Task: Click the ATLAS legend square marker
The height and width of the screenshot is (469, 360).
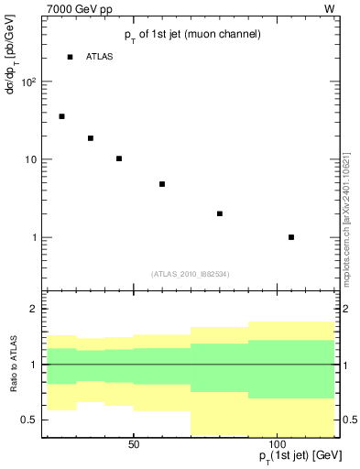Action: pos(70,57)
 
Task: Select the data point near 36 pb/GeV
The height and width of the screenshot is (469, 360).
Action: pos(61,116)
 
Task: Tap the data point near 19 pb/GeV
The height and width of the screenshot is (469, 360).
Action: pos(91,138)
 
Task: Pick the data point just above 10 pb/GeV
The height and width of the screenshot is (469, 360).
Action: pos(119,158)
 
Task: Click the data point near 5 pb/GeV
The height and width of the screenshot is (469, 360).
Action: pos(162,184)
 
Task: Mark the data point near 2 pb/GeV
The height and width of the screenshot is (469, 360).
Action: pos(220,213)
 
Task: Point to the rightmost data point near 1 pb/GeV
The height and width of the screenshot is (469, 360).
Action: pos(291,237)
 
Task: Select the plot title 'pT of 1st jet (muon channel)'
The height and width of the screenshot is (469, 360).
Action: pos(192,35)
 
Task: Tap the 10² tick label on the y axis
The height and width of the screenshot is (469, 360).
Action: pos(28,82)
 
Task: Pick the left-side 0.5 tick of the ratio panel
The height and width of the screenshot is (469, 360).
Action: pos(28,420)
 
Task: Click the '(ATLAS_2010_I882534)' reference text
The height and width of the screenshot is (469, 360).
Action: pos(190,273)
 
